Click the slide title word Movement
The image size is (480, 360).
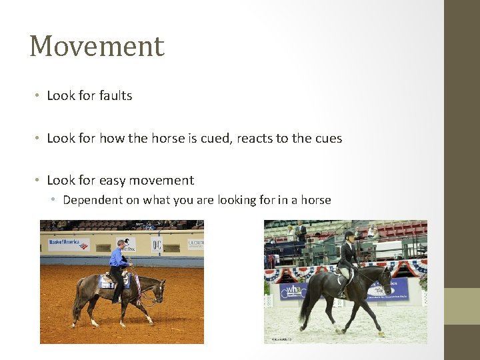(97, 47)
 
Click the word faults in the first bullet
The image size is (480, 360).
(115, 96)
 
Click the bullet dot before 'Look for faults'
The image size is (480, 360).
(39, 96)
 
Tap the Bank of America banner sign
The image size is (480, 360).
(64, 243)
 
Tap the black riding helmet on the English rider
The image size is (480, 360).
(349, 235)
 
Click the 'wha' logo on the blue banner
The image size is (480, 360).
(294, 291)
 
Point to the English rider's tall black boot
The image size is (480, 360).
(342, 285)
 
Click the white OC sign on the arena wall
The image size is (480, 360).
(157, 245)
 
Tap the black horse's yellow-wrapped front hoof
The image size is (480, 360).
(381, 333)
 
